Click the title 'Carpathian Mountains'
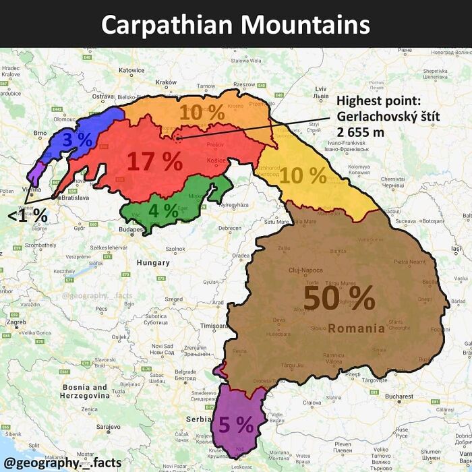point(236,24)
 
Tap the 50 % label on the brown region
point(339,298)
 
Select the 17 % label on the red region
point(155,162)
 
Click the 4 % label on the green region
point(163,210)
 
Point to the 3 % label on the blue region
point(77,140)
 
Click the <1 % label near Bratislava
point(28,216)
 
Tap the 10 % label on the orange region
point(202,113)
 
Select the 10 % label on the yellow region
point(303,175)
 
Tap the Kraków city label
point(166,82)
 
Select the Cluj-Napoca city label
point(305,270)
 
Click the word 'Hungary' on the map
point(153,262)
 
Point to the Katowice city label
point(131,69)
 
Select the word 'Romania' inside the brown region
point(357,329)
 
